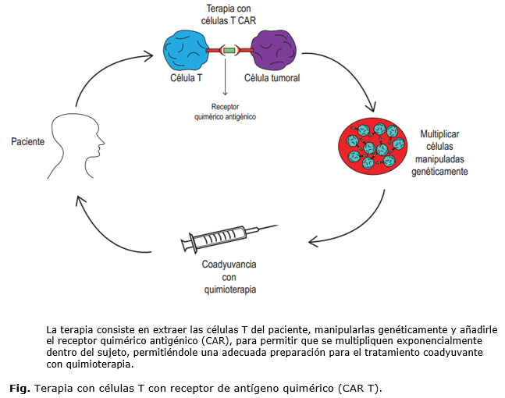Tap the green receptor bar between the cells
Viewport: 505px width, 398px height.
pos(229,51)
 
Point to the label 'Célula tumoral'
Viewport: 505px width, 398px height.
pos(272,78)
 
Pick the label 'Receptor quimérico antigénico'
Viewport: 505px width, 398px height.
pos(225,112)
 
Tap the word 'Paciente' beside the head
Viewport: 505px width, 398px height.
pos(27,142)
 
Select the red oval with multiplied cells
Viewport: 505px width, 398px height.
pos(371,144)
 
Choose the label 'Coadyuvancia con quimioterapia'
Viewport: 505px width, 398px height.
pos(229,276)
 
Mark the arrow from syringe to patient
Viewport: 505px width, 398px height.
pos(117,226)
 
